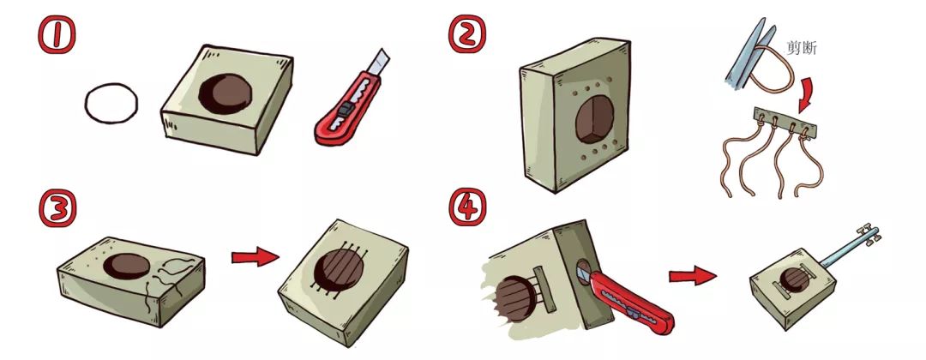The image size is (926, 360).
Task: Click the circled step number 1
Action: tap(56, 34)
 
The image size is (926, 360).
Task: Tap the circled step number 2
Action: tap(467, 34)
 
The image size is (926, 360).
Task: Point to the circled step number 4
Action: tap(468, 208)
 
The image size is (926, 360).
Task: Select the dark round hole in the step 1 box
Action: tap(225, 93)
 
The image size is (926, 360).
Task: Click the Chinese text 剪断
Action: tap(802, 48)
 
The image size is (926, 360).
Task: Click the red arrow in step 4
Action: tap(693, 276)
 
